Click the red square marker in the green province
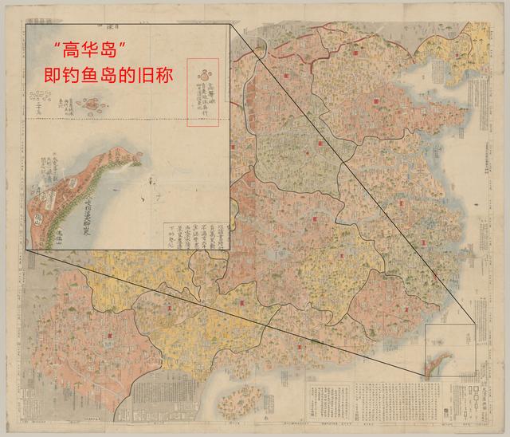click(x=320, y=143)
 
